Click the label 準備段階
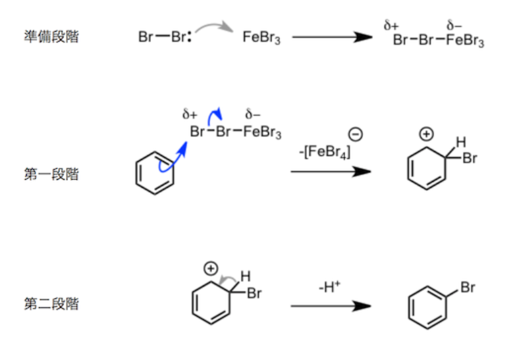(x=51, y=36)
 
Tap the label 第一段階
(x=51, y=174)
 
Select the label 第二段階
(x=51, y=303)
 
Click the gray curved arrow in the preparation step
(x=213, y=24)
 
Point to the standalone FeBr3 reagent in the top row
(x=261, y=37)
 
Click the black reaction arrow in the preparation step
(x=332, y=37)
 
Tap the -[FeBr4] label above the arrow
(x=325, y=152)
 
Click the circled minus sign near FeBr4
(x=356, y=134)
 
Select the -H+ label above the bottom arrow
(x=329, y=287)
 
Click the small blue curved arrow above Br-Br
(x=213, y=114)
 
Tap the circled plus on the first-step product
(x=426, y=134)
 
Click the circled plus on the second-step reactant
(x=211, y=269)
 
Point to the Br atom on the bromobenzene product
(x=468, y=288)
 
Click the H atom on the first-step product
(x=461, y=142)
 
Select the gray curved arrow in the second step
(x=227, y=278)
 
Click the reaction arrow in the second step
(x=331, y=306)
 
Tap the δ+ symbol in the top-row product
(x=391, y=26)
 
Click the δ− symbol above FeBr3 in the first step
(x=252, y=114)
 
